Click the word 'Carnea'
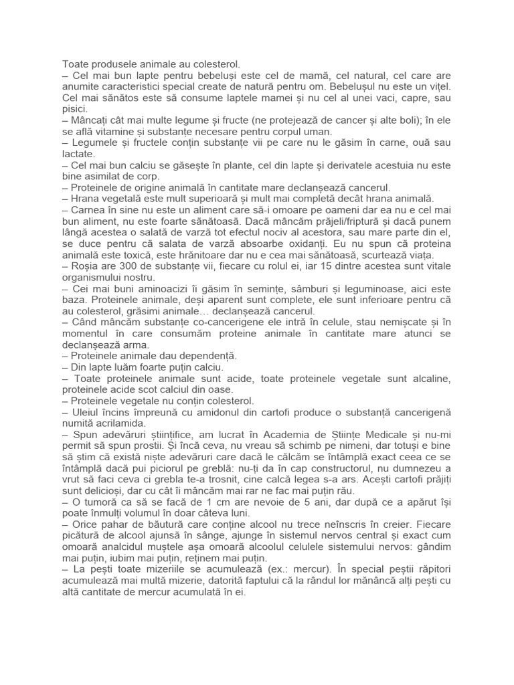point(91,209)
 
